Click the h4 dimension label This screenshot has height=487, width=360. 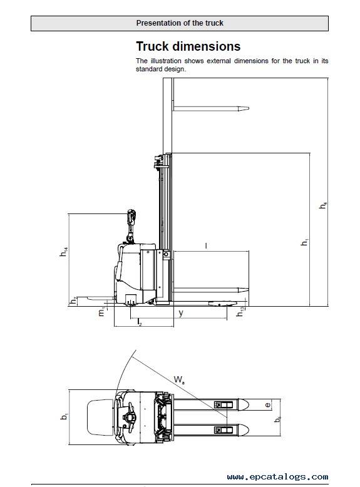pyautogui.click(x=323, y=205)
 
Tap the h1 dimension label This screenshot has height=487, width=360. pyautogui.click(x=305, y=242)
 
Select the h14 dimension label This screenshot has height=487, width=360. pyautogui.click(x=64, y=252)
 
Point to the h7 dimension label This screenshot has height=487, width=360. pyautogui.click(x=73, y=300)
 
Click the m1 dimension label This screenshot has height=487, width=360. pyautogui.click(x=102, y=312)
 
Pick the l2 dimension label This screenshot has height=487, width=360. pyautogui.click(x=140, y=322)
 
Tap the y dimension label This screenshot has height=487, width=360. pyautogui.click(x=181, y=313)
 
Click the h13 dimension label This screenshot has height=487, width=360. pyautogui.click(x=240, y=312)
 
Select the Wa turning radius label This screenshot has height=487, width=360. pyautogui.click(x=179, y=379)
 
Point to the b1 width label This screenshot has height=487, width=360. pyautogui.click(x=64, y=416)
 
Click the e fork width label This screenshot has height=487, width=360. pyautogui.click(x=267, y=405)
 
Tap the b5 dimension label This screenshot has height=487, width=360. pyautogui.click(x=277, y=419)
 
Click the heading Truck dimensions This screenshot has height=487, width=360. pyautogui.click(x=188, y=46)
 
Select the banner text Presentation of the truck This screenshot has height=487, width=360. pyautogui.click(x=180, y=23)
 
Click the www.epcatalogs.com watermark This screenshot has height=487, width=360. pyautogui.click(x=278, y=477)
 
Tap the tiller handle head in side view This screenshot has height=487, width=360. pyautogui.click(x=131, y=216)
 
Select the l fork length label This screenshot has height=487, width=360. pyautogui.click(x=206, y=245)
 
